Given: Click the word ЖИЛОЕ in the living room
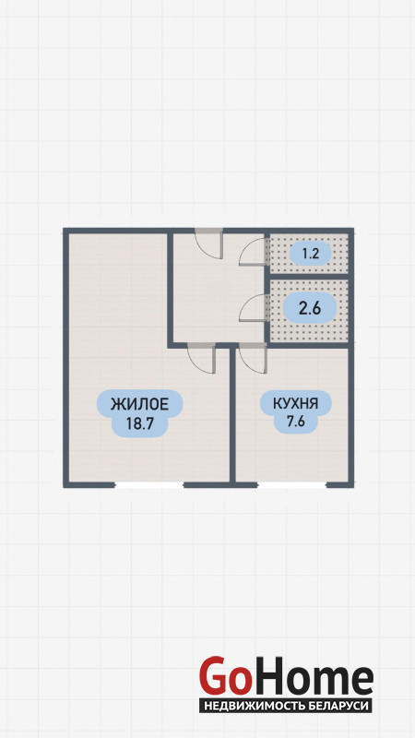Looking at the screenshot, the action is pyautogui.click(x=139, y=404).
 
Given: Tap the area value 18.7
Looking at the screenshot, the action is pyautogui.click(x=140, y=423).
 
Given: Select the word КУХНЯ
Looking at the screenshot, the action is pyautogui.click(x=296, y=404).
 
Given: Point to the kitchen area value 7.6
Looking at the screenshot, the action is pyautogui.click(x=296, y=422).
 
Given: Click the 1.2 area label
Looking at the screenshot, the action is pyautogui.click(x=311, y=255).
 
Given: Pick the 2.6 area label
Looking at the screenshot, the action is pyautogui.click(x=310, y=308).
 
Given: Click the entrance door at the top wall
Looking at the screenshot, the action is pyautogui.click(x=208, y=243).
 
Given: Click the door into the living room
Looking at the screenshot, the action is pyautogui.click(x=201, y=358).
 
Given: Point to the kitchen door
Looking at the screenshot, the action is pyautogui.click(x=253, y=358).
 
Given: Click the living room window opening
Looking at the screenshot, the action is pyautogui.click(x=148, y=485).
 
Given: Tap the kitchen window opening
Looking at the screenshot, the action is pyautogui.click(x=291, y=485).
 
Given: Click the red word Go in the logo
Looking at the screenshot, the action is pyautogui.click(x=223, y=676).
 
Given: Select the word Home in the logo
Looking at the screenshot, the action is pyautogui.click(x=311, y=676).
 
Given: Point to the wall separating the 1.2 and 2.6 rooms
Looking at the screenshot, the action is pyautogui.click(x=309, y=276).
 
